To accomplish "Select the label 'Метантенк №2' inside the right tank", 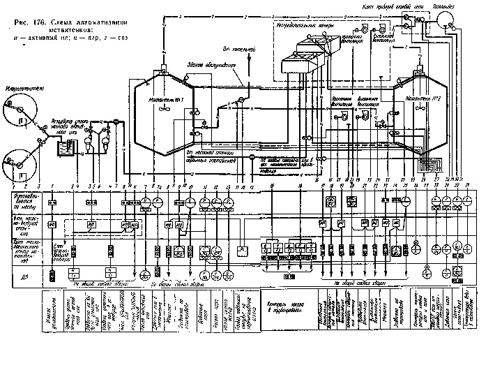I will [x=429, y=100].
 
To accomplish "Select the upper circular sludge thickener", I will [x=19, y=112].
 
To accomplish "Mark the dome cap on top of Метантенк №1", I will [x=163, y=71].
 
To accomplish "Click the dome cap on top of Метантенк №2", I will [x=420, y=71].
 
